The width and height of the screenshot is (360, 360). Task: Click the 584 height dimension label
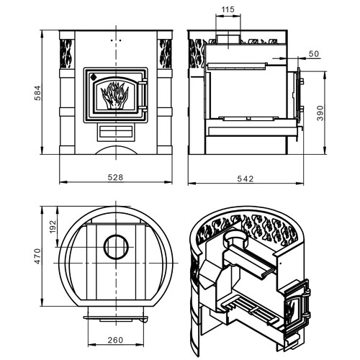point(37,93)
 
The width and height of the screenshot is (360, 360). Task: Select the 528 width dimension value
point(115,177)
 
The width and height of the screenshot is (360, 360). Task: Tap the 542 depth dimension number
point(246,179)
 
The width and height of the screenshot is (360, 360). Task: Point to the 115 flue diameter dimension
point(228,9)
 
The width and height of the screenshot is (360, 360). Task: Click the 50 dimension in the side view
point(314,54)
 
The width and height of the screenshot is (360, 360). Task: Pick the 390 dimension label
point(320,113)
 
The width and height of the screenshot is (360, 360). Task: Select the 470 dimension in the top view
point(37,256)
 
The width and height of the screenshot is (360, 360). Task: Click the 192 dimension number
point(53,227)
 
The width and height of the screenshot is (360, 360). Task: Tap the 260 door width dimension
point(115,340)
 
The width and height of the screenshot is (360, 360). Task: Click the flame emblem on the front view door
point(114,95)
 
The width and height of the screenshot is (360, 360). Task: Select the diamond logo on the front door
point(93,77)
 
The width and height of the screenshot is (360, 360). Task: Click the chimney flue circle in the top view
point(116,247)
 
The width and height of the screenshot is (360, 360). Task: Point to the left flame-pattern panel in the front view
point(66,53)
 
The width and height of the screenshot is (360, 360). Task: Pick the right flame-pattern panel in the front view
point(166,53)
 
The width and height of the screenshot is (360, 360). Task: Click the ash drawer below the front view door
point(116,132)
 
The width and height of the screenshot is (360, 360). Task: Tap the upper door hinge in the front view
point(143,83)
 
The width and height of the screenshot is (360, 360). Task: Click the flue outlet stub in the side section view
point(228,40)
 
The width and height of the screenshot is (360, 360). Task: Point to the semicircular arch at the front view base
point(117,150)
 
